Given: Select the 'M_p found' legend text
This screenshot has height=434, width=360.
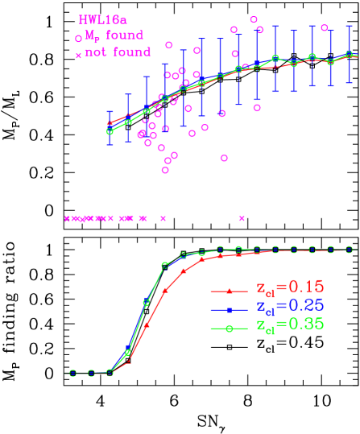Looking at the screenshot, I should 114,35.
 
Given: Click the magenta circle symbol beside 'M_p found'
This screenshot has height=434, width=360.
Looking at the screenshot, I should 78,38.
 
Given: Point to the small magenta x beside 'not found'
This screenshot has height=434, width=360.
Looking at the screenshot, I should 78,55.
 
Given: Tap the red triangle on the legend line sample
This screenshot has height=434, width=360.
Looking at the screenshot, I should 230,291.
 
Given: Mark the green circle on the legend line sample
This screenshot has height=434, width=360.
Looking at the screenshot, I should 230,329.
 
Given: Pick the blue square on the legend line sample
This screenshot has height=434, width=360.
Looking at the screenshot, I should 230,310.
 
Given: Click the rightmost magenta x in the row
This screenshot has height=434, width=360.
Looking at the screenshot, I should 241,218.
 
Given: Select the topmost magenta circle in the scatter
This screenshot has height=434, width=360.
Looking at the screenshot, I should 254,19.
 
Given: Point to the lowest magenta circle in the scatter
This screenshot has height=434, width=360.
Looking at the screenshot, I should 165,170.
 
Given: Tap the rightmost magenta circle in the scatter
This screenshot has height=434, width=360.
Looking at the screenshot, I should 325,27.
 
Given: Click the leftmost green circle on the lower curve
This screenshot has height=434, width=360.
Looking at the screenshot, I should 72,373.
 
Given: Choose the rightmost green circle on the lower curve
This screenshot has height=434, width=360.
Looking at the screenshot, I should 349,250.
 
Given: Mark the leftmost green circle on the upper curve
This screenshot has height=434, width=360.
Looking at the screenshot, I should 110,131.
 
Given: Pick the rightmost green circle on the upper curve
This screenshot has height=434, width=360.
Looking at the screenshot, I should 349,55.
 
